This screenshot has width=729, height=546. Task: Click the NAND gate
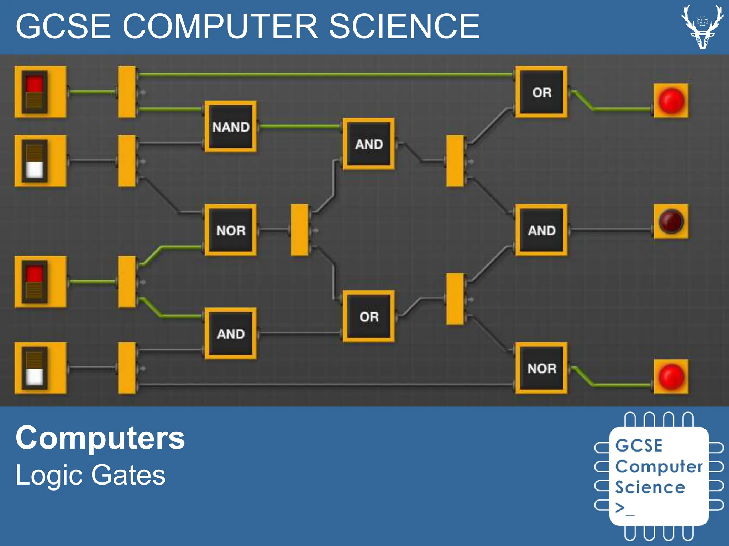(x=231, y=127)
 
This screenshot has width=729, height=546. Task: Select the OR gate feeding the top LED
(x=541, y=92)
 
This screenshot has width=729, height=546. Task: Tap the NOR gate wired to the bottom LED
(x=541, y=368)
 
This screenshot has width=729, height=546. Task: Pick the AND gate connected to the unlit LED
(x=541, y=230)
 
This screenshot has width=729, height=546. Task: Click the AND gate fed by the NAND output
(x=369, y=144)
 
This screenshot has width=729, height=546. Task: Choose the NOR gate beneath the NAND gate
(x=231, y=230)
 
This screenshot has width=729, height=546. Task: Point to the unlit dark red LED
(x=671, y=221)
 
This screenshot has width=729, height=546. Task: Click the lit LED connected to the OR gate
(x=671, y=101)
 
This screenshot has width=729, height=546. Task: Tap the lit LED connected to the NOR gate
(x=671, y=377)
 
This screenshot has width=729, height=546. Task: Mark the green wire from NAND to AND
(x=299, y=126)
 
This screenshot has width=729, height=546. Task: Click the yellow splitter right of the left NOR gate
(x=300, y=230)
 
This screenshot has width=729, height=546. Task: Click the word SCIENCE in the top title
(x=404, y=26)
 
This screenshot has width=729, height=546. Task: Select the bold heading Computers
(x=100, y=438)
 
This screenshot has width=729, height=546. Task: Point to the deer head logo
(x=702, y=27)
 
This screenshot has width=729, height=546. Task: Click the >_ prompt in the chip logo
(x=625, y=508)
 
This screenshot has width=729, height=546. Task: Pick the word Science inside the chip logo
(x=650, y=487)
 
